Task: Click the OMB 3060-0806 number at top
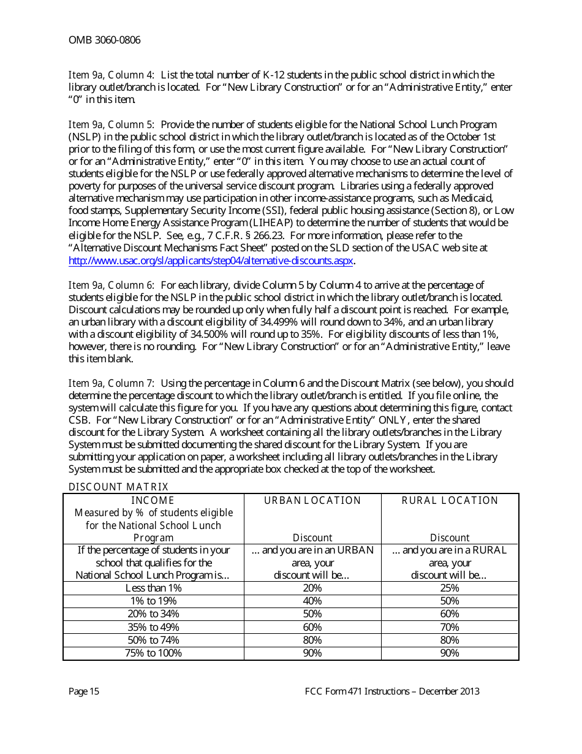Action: (104, 40)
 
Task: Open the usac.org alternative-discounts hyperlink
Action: (211, 261)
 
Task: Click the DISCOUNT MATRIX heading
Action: (118, 487)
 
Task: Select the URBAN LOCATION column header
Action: (312, 501)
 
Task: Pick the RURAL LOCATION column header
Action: (450, 501)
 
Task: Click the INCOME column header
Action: (153, 501)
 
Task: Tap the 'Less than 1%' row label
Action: (153, 588)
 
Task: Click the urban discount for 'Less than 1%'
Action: (312, 588)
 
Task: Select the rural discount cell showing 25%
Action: (450, 588)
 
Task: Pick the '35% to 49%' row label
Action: (153, 627)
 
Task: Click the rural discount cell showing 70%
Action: (450, 627)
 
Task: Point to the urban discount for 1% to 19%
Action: (312, 601)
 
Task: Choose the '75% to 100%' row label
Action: (153, 653)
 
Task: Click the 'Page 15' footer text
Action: (84, 691)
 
